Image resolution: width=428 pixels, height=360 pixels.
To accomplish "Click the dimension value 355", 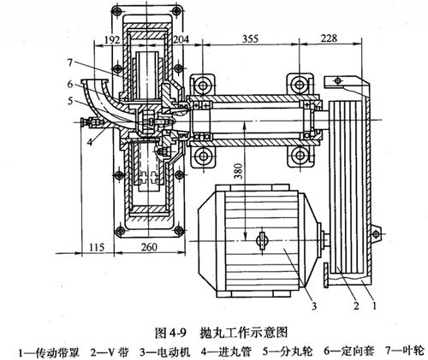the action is pyautogui.click(x=250, y=38).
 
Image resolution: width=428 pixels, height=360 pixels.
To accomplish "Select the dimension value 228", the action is pyautogui.click(x=329, y=38).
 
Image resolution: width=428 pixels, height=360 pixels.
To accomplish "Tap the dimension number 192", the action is pyautogui.click(x=112, y=39).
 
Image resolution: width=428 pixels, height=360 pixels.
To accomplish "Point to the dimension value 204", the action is pyautogui.click(x=181, y=39).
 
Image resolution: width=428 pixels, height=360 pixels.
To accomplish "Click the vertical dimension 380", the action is pyautogui.click(x=239, y=171).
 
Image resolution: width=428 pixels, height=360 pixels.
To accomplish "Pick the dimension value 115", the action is pyautogui.click(x=97, y=247).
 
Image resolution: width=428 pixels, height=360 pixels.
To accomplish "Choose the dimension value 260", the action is pyautogui.click(x=149, y=247).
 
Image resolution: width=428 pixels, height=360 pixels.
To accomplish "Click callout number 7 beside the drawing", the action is pyautogui.click(x=71, y=62).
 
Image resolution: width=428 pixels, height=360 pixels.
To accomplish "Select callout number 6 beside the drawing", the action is pyautogui.click(x=70, y=84).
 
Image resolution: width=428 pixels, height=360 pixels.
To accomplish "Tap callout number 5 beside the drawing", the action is pyautogui.click(x=70, y=101).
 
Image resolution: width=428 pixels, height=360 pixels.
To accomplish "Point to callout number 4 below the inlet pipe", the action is pyautogui.click(x=90, y=142).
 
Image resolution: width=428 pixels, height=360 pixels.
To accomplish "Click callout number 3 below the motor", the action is pyautogui.click(x=314, y=306).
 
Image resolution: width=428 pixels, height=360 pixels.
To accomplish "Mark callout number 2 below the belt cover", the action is pyautogui.click(x=356, y=306).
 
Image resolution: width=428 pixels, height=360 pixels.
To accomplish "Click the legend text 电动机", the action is pyautogui.click(x=173, y=351).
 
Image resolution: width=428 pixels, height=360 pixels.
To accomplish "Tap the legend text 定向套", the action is pyautogui.click(x=357, y=351).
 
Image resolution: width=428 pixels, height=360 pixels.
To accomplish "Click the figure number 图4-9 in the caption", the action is pyautogui.click(x=170, y=333).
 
